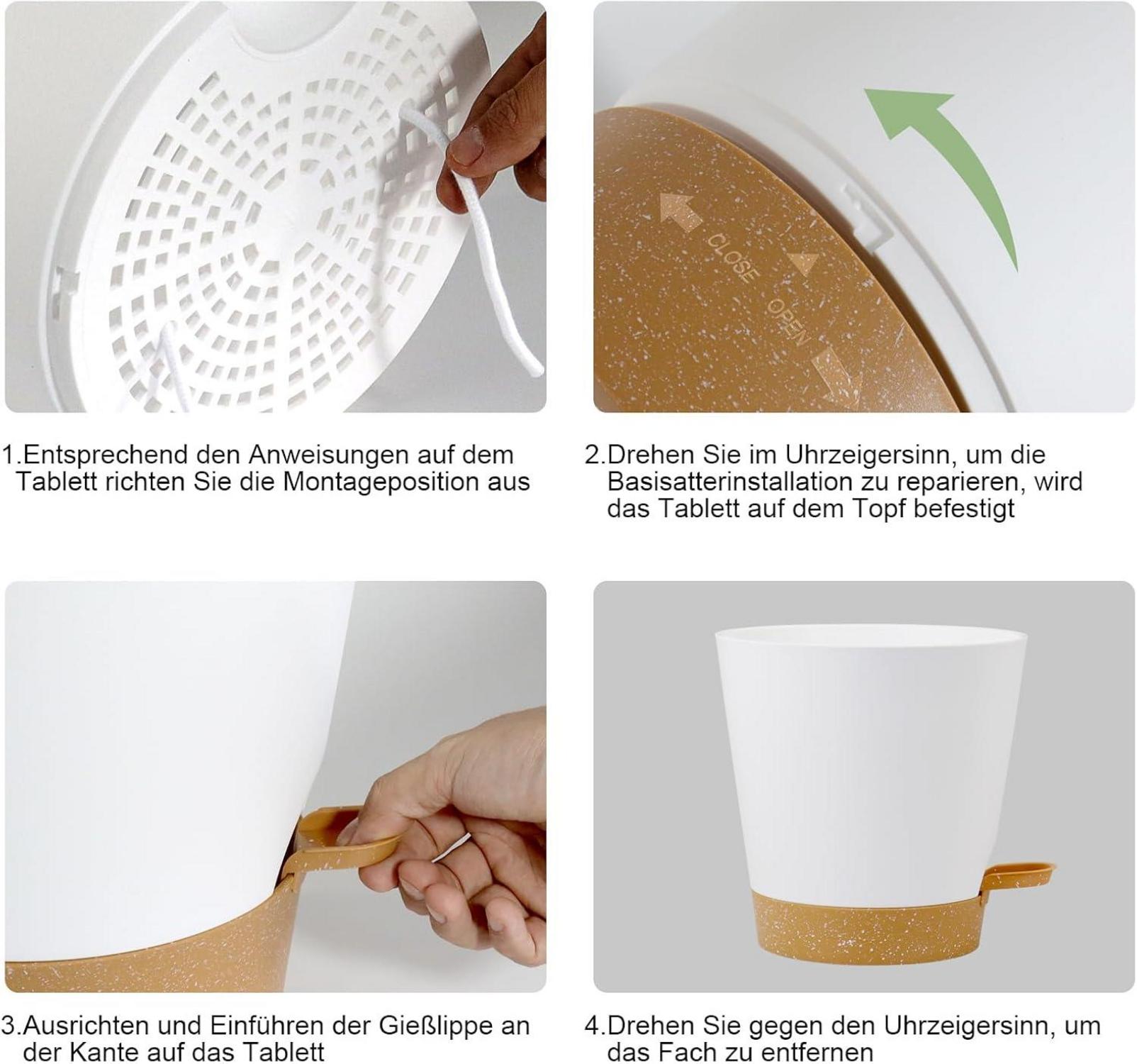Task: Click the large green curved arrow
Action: pyautogui.click(x=971, y=163)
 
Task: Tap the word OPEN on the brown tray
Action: pyautogui.click(x=789, y=321)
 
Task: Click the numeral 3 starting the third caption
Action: pyautogui.click(x=9, y=1026)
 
